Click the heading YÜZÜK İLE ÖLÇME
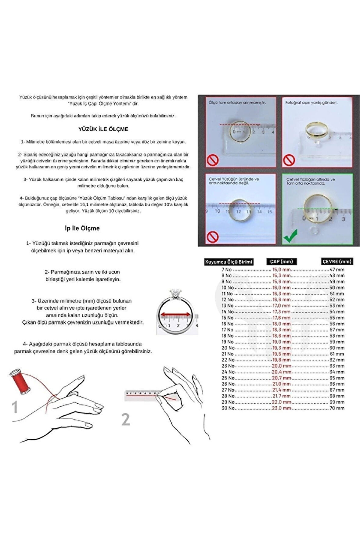coord(103,129)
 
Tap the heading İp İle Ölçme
coord(82,228)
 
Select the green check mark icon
coord(290,236)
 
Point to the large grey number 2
coord(126,419)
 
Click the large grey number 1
coord(15,407)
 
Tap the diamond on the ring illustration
coord(176,294)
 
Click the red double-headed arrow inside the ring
coord(176,314)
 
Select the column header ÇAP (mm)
coord(281,261)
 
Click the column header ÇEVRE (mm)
coord(337,261)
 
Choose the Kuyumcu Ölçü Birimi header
coord(229,262)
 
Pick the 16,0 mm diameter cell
coord(281,288)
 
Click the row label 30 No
coord(228,408)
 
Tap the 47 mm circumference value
coord(337,270)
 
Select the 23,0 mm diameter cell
coord(281,408)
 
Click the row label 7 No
coord(226,270)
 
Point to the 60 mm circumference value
coord(337,348)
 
